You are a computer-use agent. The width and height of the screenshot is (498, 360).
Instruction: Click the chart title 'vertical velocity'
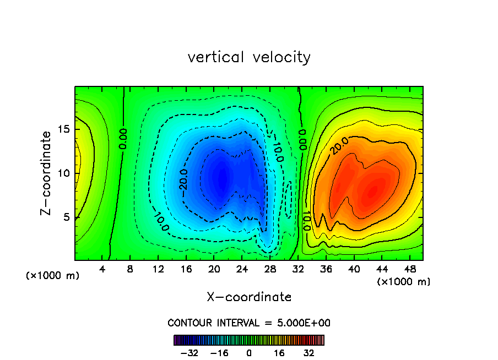[249, 57]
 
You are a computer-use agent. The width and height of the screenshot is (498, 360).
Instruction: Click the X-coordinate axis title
[249, 297]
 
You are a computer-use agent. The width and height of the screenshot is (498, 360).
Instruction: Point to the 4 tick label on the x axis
[102, 269]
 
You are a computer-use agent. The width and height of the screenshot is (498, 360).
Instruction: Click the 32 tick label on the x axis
[298, 269]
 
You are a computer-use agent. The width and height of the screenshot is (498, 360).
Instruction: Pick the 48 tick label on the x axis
[409, 269]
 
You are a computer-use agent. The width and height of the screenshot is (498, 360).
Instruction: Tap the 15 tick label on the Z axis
[64, 129]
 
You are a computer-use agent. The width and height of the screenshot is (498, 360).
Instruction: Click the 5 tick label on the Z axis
[68, 217]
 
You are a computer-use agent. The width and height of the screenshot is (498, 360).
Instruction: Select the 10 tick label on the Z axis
[64, 173]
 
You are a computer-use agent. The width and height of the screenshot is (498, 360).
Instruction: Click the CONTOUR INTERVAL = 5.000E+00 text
[249, 323]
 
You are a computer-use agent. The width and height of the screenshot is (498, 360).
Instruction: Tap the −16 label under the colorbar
[219, 353]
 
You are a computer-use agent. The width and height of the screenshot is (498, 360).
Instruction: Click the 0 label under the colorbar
[249, 353]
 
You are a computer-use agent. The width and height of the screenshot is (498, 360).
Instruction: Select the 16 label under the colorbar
[279, 353]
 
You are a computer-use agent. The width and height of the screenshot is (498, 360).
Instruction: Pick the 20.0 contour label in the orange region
[339, 146]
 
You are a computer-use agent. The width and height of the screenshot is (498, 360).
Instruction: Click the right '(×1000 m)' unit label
[404, 282]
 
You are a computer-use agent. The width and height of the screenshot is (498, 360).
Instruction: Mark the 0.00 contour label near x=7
[123, 139]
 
